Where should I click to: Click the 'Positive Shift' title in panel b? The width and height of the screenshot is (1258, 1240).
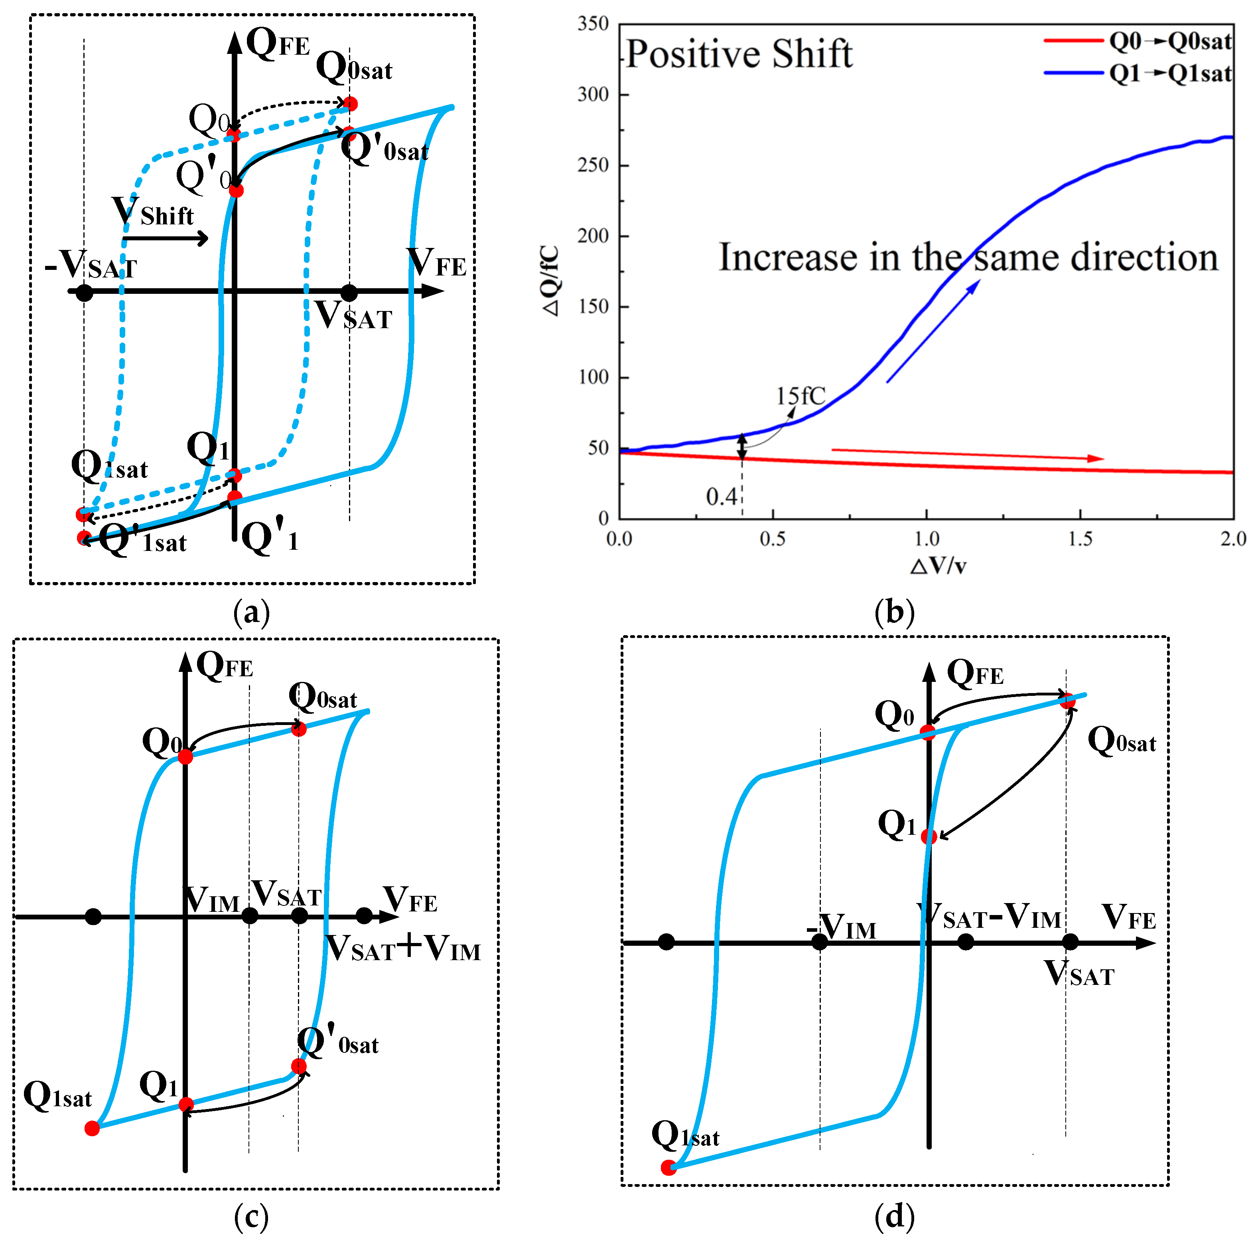[x=739, y=53]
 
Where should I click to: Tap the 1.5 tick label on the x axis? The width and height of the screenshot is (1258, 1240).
[x=1080, y=539]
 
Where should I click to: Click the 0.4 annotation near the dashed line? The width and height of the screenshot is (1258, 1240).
[x=721, y=497]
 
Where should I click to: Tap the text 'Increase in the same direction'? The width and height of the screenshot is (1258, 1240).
[x=968, y=257]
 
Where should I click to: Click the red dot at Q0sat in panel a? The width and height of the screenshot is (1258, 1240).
[x=350, y=103]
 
